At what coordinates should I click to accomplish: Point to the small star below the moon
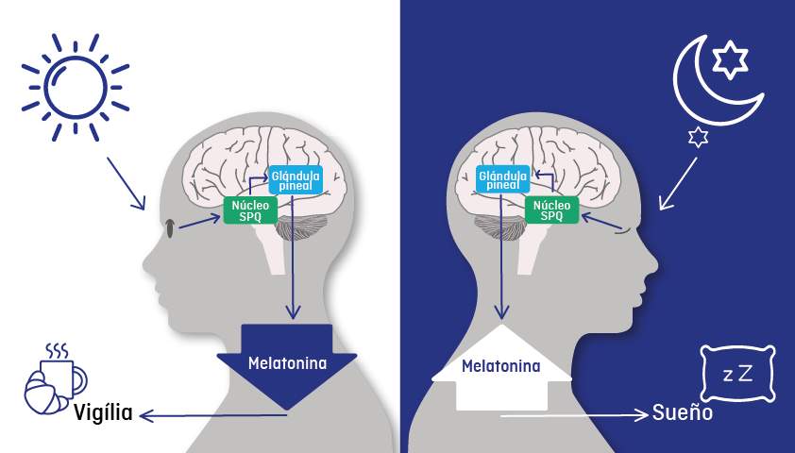(698, 137)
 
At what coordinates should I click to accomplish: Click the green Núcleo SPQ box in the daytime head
(250, 210)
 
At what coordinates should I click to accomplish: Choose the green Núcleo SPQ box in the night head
(551, 210)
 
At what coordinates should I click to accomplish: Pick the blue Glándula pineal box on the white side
(296, 179)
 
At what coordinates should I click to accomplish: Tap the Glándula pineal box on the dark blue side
(503, 179)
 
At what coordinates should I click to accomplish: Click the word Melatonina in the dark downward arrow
(287, 363)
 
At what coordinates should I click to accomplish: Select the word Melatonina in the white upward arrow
(501, 366)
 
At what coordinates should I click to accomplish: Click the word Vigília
(104, 413)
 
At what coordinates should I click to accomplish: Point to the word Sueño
(683, 412)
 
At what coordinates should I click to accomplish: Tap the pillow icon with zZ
(737, 374)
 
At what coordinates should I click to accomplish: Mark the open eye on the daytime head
(170, 228)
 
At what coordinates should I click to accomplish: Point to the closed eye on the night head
(625, 231)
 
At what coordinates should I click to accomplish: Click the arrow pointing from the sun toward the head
(126, 183)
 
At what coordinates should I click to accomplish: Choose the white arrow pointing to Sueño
(574, 415)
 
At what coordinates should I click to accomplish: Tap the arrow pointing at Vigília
(213, 416)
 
